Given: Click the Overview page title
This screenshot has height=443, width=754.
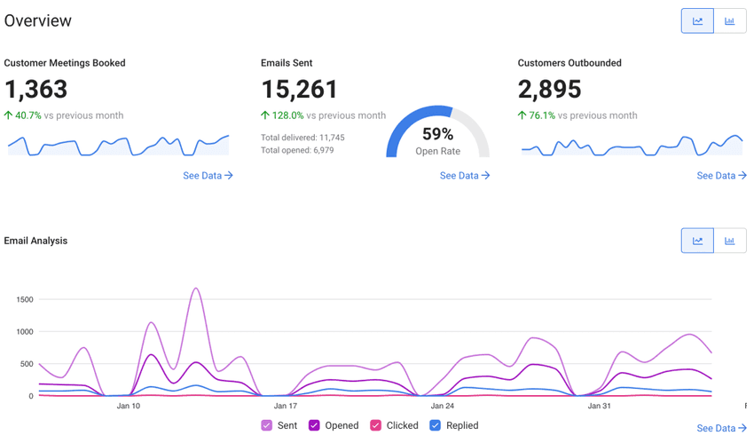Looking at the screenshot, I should [x=38, y=20].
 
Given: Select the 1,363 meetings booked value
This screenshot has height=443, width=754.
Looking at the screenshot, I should [x=35, y=90].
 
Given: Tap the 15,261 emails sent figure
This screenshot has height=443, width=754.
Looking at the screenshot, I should [x=300, y=90].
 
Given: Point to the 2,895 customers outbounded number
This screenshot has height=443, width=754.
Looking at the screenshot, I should [x=550, y=90].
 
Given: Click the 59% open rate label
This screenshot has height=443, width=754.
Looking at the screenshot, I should [x=437, y=134].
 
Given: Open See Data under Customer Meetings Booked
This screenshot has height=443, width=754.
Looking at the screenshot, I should [x=208, y=176].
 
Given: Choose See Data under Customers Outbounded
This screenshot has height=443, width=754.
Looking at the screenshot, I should [x=721, y=176].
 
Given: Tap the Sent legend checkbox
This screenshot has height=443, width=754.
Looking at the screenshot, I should [x=267, y=425].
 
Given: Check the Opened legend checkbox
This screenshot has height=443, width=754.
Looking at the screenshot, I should [x=314, y=425].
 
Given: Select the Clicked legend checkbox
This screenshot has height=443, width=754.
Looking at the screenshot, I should [x=376, y=425].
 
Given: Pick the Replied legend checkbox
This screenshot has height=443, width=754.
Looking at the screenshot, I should [x=435, y=425].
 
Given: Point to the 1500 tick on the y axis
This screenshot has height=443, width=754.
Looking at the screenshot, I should [x=25, y=300].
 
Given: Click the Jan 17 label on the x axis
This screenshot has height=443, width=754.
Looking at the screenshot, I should [x=287, y=407].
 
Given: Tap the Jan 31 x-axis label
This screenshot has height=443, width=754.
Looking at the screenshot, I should [x=600, y=407].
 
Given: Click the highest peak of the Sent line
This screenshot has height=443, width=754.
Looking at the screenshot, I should [x=196, y=289].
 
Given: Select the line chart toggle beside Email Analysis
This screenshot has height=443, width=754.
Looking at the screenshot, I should [x=697, y=241].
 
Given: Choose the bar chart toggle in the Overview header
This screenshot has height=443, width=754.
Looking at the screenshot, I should [x=729, y=21].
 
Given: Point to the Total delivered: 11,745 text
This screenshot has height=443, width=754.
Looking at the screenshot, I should [x=302, y=138].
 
